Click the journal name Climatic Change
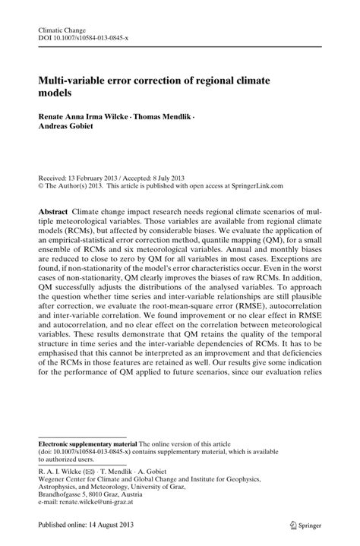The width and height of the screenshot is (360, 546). coord(61,29)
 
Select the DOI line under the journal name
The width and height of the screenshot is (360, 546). coord(85,38)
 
